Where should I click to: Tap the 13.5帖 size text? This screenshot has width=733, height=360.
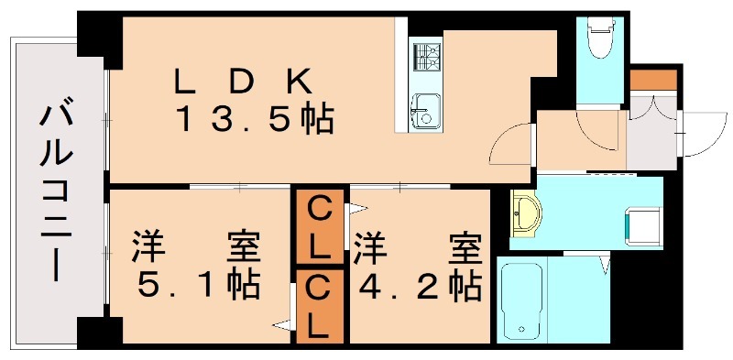click(255, 119)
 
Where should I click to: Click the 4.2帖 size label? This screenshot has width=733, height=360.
click(418, 286)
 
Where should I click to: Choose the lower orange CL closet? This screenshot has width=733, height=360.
click(319, 307)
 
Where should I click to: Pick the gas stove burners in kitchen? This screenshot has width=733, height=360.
click(425, 58)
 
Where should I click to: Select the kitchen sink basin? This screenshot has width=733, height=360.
click(423, 110)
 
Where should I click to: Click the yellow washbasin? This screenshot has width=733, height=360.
click(525, 214)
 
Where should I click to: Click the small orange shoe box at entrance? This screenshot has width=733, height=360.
click(652, 80)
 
